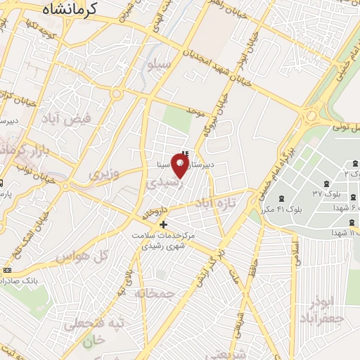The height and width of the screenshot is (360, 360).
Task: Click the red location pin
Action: click(x=181, y=167)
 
